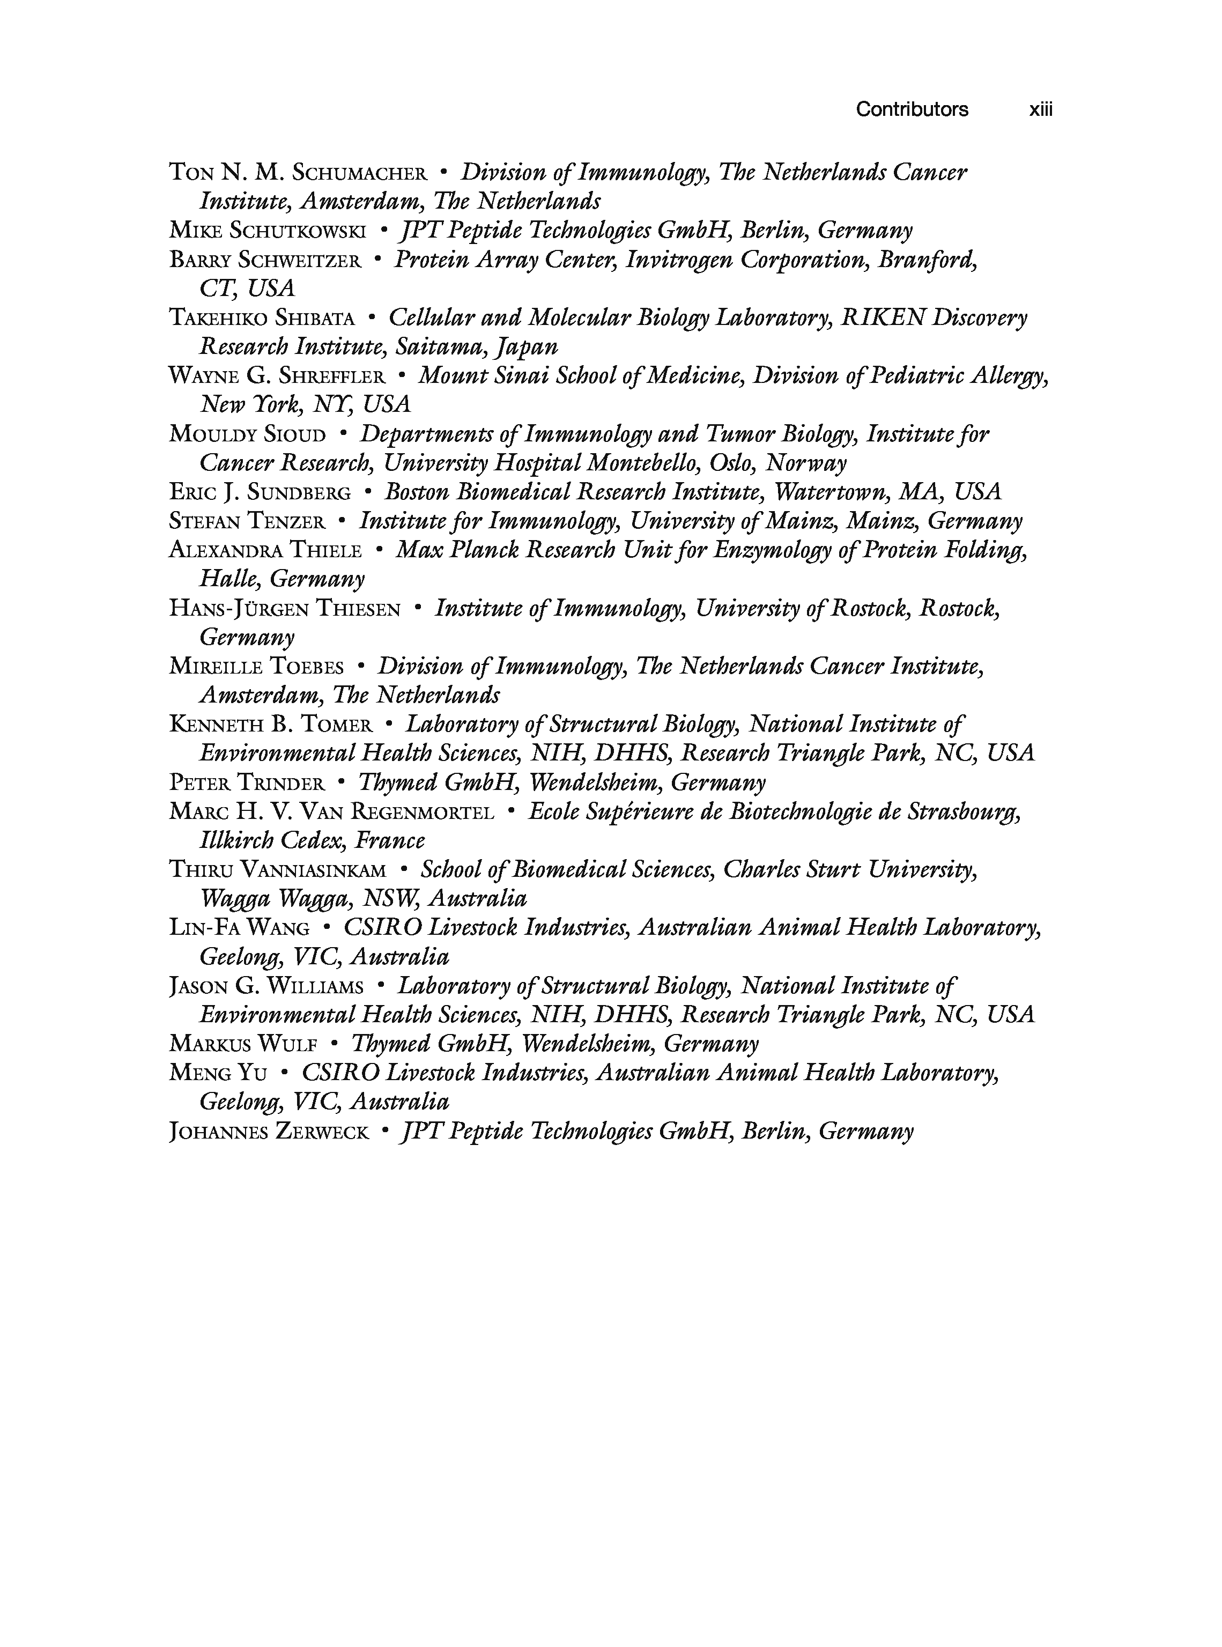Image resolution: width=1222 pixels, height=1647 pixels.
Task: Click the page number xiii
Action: point(1040,109)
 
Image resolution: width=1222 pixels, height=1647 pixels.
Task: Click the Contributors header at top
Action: point(912,109)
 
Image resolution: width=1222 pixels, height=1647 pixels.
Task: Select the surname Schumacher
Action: point(360,173)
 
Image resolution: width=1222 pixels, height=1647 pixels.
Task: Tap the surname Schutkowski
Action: point(298,231)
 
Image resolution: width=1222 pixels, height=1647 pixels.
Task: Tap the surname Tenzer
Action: point(286,522)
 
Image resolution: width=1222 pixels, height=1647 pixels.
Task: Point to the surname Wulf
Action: point(288,1045)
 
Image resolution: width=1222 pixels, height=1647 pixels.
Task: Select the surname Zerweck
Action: point(321,1132)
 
